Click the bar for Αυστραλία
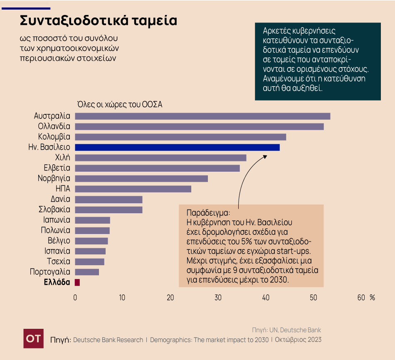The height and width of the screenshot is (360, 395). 202,116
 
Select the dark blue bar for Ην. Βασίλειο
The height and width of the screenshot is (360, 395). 177,147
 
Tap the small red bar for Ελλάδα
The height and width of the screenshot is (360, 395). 77,282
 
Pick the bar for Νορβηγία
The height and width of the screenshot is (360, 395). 141,178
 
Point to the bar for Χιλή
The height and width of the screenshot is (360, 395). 160,158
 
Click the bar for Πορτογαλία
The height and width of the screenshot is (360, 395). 87,272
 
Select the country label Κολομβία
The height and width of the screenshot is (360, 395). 54,137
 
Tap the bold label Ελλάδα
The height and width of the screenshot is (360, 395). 57,282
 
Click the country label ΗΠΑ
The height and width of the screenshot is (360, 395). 63,189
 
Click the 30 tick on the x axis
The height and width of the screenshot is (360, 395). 218,298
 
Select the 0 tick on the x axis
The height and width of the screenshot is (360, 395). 75,298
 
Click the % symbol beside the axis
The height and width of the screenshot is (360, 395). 372,298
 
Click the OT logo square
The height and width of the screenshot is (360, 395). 34,338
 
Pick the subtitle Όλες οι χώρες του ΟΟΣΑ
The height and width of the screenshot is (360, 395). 119,104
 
